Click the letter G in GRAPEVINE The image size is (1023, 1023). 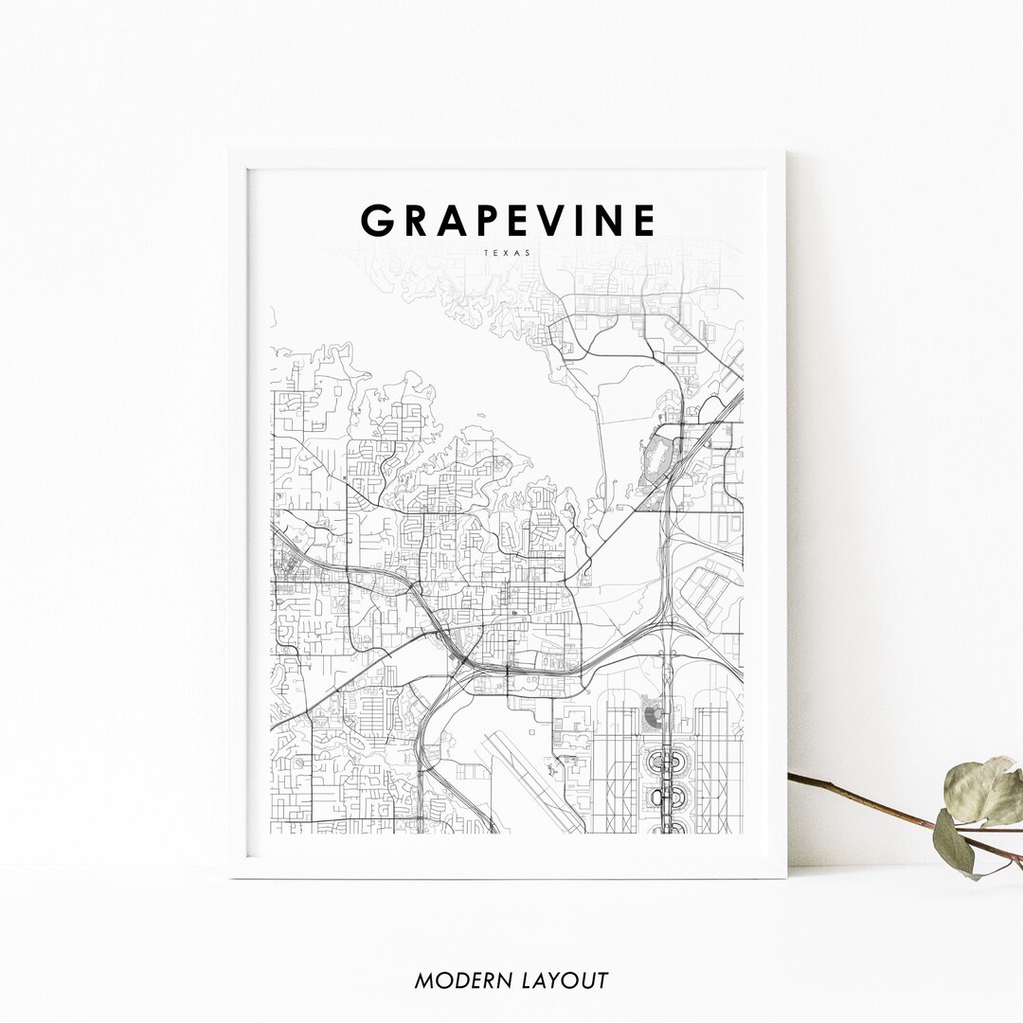pyautogui.click(x=378, y=221)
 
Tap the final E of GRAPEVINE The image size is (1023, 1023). pyautogui.click(x=645, y=221)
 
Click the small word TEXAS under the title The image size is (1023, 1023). pyautogui.click(x=507, y=253)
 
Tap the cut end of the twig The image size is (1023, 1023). pyautogui.click(x=791, y=777)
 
